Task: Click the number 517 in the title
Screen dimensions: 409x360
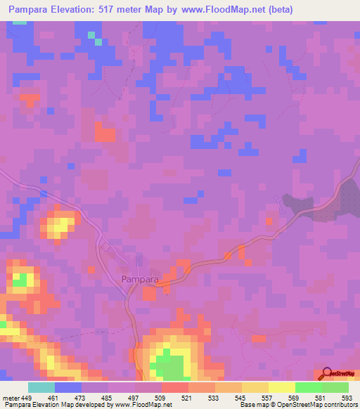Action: pos(124,10)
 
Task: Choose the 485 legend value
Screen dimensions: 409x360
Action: pos(108,397)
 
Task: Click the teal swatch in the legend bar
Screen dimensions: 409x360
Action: pos(41,387)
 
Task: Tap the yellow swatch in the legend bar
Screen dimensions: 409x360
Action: pos(281,387)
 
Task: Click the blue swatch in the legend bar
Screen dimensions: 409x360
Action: pos(68,387)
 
